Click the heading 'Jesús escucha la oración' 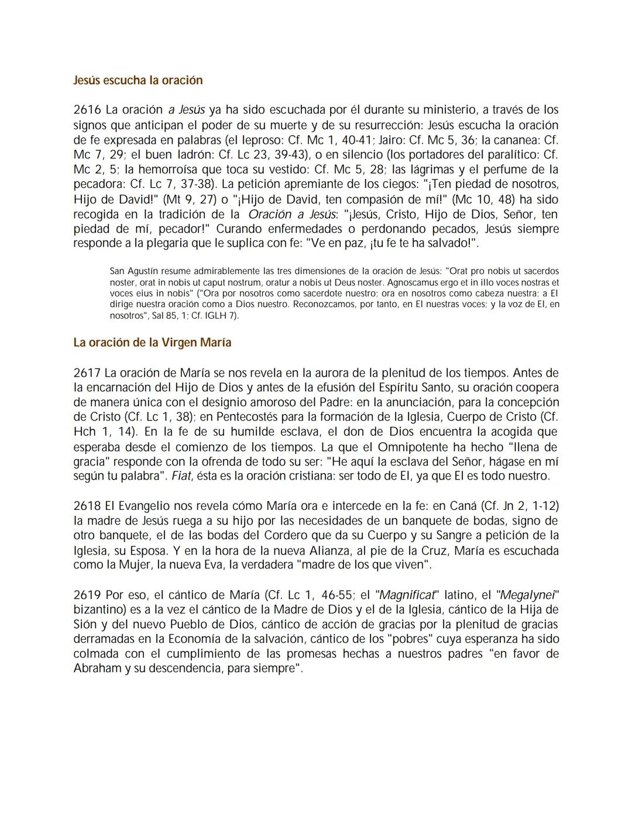click(138, 80)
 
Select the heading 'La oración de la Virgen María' click(152, 343)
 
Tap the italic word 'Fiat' click(182, 476)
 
